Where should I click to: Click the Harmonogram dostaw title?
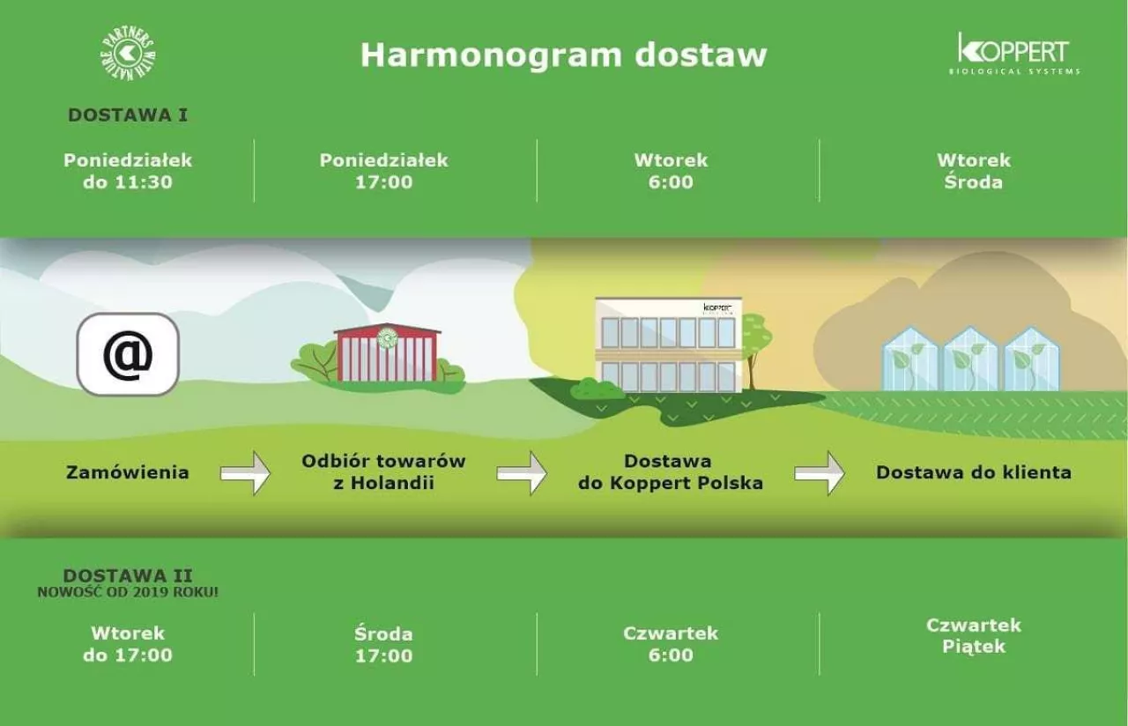[563, 55]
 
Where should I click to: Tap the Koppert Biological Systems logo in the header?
[1014, 54]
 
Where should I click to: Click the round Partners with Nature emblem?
[128, 54]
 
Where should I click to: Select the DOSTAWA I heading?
[128, 115]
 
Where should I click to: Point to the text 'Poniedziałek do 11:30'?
[128, 171]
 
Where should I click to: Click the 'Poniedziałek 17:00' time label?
[383, 171]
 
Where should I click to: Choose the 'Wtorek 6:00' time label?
[671, 171]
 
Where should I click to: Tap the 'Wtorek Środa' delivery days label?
[974, 171]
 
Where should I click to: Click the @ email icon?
[128, 354]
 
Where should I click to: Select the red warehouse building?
[387, 353]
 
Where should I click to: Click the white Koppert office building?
[669, 344]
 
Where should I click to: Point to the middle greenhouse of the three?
[971, 359]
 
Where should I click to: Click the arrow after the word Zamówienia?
[245, 473]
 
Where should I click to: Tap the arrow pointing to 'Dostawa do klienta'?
[820, 473]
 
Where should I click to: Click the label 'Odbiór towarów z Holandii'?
[383, 471]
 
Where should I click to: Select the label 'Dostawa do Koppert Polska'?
[671, 471]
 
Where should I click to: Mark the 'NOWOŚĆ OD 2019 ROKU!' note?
[128, 591]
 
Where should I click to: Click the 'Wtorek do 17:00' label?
[128, 644]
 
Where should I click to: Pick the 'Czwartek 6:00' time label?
[671, 644]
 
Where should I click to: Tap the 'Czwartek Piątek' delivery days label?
[974, 635]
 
